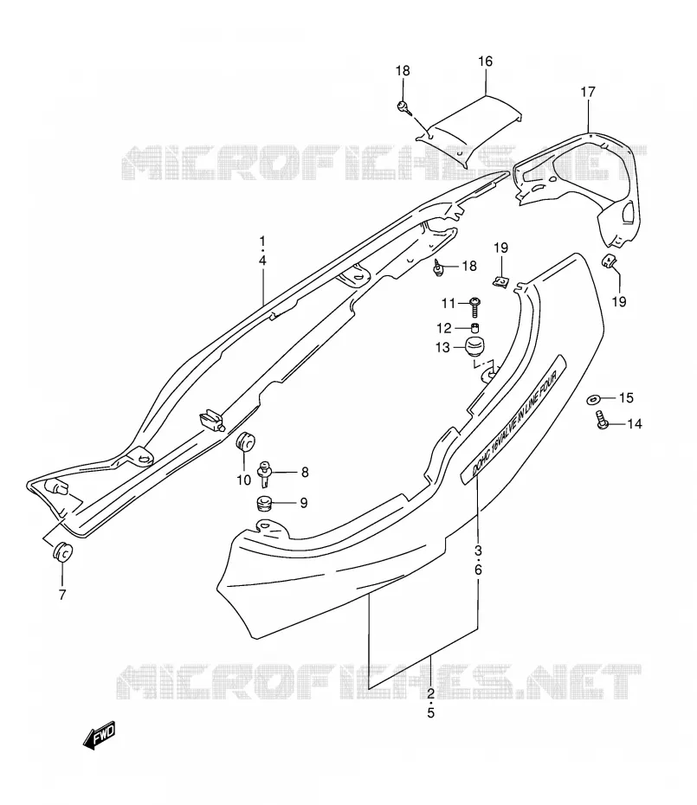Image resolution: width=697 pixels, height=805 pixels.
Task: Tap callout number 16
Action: pyautogui.click(x=485, y=61)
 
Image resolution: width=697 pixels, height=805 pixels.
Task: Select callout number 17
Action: pyautogui.click(x=588, y=92)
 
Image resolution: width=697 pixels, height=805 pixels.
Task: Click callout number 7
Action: pyautogui.click(x=62, y=595)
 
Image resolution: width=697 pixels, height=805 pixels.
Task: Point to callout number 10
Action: pyautogui.click(x=243, y=480)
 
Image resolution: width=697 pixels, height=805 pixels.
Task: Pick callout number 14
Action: pyautogui.click(x=635, y=423)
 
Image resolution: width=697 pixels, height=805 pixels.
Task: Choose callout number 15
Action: pyautogui.click(x=626, y=397)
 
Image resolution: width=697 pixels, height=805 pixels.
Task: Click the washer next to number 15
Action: pyautogui.click(x=594, y=399)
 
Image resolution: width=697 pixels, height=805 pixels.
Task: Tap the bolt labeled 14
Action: pyautogui.click(x=602, y=420)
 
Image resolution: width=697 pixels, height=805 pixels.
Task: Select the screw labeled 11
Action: pyautogui.click(x=475, y=307)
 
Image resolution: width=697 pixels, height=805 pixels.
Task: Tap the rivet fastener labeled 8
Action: pyautogui.click(x=266, y=473)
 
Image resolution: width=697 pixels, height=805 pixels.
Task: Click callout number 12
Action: pyautogui.click(x=444, y=328)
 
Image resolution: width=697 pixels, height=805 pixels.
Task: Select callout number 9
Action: pyautogui.click(x=304, y=503)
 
